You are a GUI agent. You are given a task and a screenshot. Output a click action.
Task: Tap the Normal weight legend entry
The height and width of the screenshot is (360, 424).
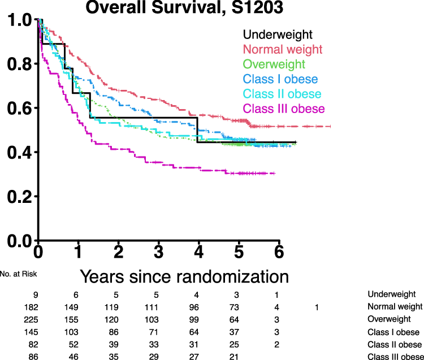tap(282, 50)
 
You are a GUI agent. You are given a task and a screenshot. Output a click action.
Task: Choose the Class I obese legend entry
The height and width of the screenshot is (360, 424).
tap(280, 79)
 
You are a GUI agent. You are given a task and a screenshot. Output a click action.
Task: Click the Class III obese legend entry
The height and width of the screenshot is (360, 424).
tap(284, 109)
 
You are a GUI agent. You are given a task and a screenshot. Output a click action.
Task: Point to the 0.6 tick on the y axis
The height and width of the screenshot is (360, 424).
tap(20, 108)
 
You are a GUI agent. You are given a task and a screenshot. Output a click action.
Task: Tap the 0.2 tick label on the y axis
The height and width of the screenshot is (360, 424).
tap(20, 196)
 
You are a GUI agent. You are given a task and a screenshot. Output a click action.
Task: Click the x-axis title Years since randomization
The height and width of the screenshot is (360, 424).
tap(184, 276)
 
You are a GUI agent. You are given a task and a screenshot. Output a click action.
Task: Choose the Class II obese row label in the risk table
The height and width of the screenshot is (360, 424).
tap(395, 344)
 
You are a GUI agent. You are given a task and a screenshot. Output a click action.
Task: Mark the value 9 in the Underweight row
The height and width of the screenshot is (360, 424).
tap(35, 294)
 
